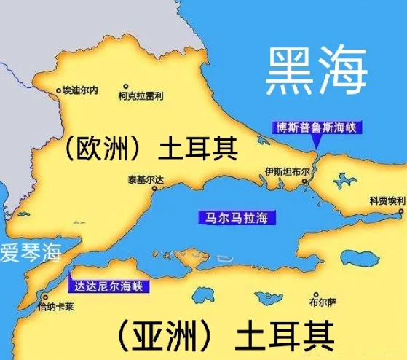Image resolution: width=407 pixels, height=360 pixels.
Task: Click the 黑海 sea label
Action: tap(315, 71)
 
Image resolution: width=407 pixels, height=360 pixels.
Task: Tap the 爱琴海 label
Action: tap(30, 255)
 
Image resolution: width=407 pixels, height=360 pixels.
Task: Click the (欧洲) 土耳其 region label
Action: tap(149, 149)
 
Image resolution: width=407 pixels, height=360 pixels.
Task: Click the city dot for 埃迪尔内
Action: tap(59, 91)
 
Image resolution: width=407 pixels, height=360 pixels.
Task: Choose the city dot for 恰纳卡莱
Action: tap(43, 298)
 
